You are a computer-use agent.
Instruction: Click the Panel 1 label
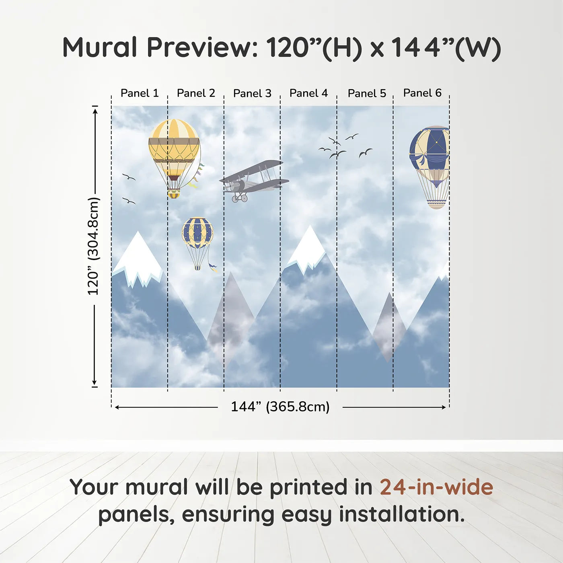pyautogui.click(x=140, y=93)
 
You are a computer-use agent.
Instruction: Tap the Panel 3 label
pyautogui.click(x=252, y=93)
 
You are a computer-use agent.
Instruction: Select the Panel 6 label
pyautogui.click(x=422, y=93)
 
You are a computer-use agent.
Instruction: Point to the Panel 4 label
pyautogui.click(x=308, y=93)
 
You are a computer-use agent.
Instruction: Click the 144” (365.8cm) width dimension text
pyautogui.click(x=280, y=407)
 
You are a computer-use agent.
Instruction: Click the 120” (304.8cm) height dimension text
pyautogui.click(x=94, y=246)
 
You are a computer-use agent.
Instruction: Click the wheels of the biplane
pyautogui.click(x=240, y=198)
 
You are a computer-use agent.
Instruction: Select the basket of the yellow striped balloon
pyautogui.click(x=174, y=194)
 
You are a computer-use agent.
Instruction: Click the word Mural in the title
pyautogui.click(x=100, y=47)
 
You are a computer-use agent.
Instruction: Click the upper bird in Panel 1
pyautogui.click(x=129, y=177)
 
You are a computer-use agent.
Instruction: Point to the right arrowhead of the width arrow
pyautogui.click(x=444, y=407)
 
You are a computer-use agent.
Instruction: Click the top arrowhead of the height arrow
pyautogui.click(x=95, y=111)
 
